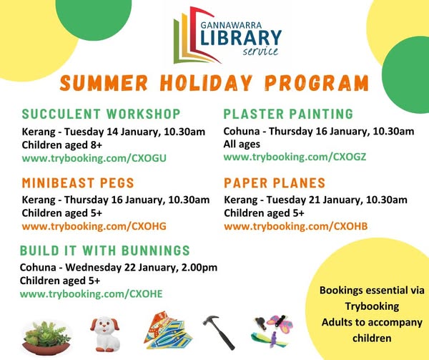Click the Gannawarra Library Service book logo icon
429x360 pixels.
point(196,36)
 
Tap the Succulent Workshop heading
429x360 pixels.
point(102,115)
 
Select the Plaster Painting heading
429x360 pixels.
point(288,115)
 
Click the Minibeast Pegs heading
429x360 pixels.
point(78,183)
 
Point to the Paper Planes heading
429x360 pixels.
point(275,183)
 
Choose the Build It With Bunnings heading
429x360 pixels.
point(105,250)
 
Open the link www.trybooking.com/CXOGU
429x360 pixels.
point(94,158)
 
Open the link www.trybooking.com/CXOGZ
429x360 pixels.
point(295,157)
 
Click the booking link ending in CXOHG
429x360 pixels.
point(94,226)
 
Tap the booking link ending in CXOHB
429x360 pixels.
point(296,226)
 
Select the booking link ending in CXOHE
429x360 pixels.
point(92,294)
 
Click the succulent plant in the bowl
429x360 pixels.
point(46,338)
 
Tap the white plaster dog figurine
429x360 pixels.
point(105,334)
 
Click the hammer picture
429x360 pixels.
point(219,332)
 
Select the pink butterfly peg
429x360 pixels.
point(280,324)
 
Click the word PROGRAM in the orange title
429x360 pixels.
point(317,82)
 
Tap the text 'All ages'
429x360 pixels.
point(242,145)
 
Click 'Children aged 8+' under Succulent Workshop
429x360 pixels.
point(61,145)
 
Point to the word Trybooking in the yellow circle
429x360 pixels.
point(372,306)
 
